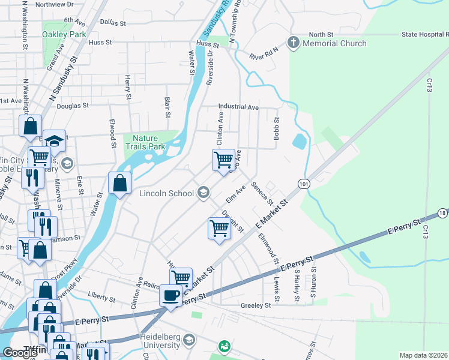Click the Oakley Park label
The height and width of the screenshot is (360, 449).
pos(64,34)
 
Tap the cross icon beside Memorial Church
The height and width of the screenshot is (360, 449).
pos(293,43)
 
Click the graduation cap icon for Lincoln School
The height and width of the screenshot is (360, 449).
pos(203,193)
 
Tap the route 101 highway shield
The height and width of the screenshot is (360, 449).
pos(304,184)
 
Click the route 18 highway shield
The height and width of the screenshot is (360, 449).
pos(442,213)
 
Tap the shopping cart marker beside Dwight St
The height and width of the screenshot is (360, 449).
pos(220,228)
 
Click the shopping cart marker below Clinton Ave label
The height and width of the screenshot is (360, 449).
pos(223,160)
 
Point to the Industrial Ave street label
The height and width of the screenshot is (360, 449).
pos(238,107)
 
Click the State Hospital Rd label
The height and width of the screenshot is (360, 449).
pos(420,35)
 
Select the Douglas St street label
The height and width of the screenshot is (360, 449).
pos(73,105)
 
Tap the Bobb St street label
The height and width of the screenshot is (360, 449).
pos(277,128)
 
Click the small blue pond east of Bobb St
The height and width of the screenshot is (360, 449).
pos(298,142)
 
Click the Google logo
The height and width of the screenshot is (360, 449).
pos(20,353)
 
